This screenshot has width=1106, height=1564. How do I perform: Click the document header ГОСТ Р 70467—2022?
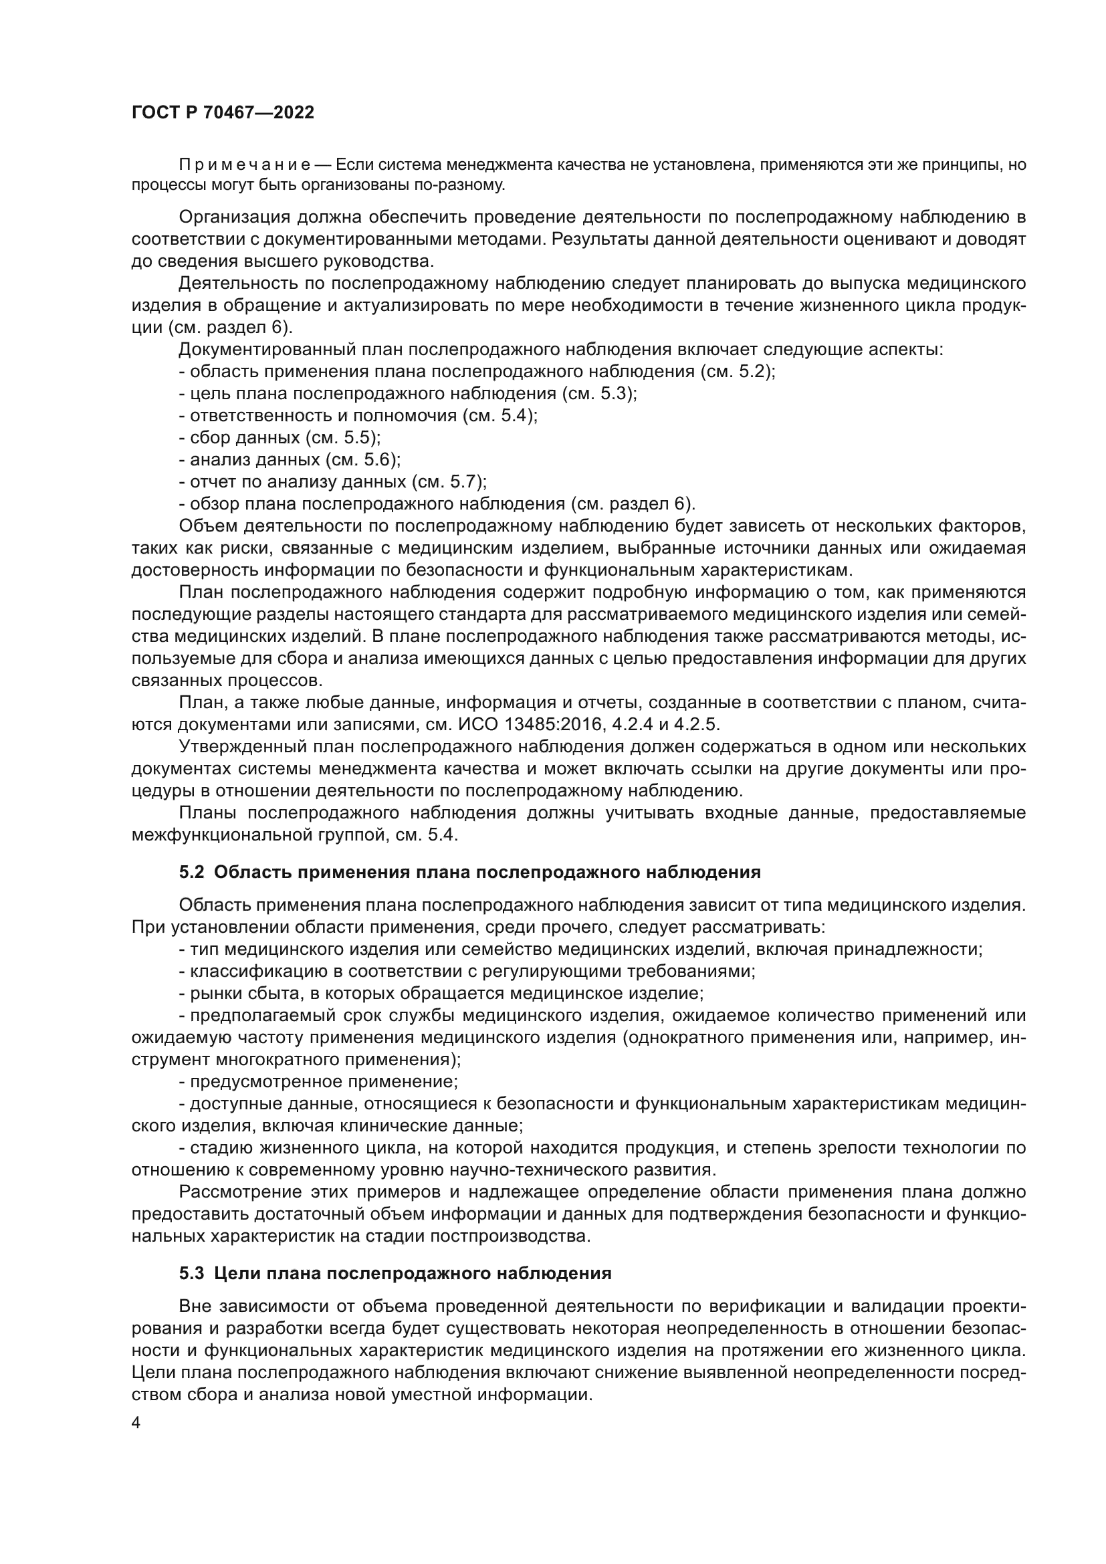[x=223, y=113]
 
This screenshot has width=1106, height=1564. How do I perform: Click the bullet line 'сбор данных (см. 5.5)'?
[x=280, y=437]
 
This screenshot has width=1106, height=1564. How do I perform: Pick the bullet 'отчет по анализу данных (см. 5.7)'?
[x=332, y=481]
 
